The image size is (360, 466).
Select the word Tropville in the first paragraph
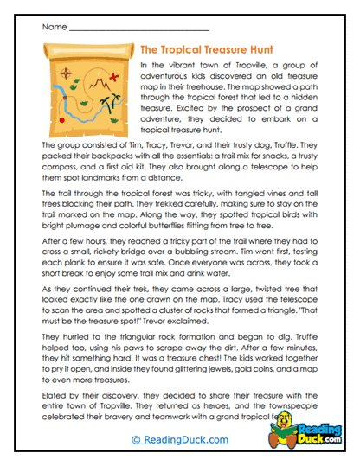pos(228,65)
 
